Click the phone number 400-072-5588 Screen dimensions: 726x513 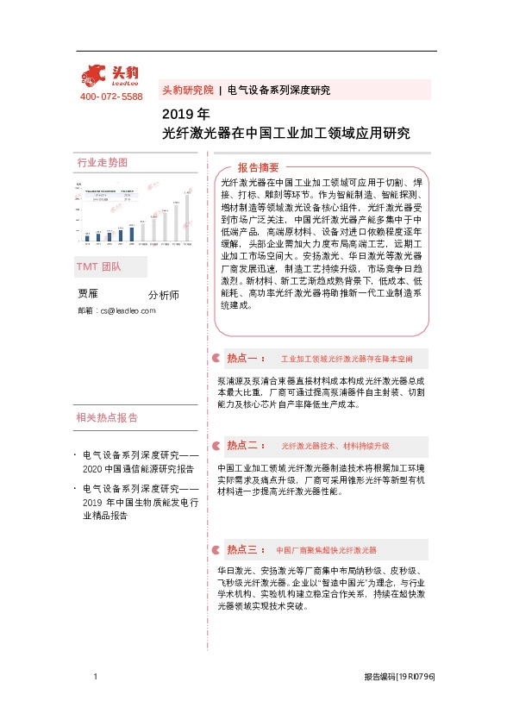click(111, 97)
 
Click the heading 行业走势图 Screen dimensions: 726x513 click(102, 162)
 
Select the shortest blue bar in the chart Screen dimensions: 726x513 click(87, 235)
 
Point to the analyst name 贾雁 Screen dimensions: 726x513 click(88, 293)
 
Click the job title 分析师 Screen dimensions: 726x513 click(164, 295)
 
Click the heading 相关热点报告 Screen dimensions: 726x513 click(107, 418)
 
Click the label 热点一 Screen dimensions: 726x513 click(243, 357)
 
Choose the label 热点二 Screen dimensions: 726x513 click(243, 445)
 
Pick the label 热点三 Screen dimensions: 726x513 click(243, 549)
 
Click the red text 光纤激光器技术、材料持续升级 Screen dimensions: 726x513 click(335, 446)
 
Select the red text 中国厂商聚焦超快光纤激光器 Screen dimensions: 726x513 click(326, 549)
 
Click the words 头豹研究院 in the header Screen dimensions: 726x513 click(187, 90)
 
